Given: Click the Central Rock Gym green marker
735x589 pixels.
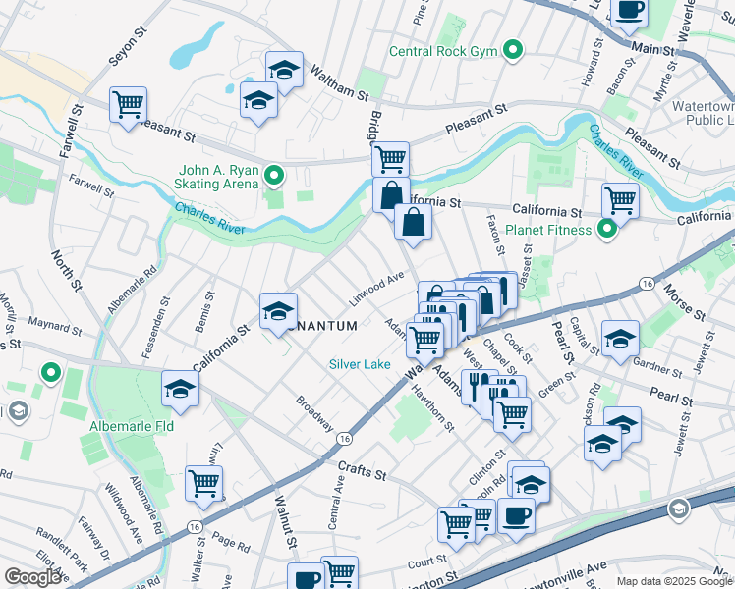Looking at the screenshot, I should tap(512, 50).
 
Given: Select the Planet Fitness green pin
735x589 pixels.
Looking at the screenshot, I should tap(607, 230).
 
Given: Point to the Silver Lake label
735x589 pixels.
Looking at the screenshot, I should tap(360, 364).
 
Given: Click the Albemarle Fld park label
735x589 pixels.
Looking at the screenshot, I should tap(131, 427).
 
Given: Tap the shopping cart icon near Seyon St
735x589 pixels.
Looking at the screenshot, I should tap(129, 104).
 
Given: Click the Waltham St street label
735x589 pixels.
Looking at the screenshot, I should tap(339, 83).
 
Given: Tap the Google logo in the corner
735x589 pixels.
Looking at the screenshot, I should tap(33, 577).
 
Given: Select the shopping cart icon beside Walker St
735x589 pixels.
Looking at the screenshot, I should tap(203, 483).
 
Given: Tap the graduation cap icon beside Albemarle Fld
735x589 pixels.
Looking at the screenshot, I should tap(181, 390).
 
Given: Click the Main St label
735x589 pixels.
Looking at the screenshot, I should tap(659, 46).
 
